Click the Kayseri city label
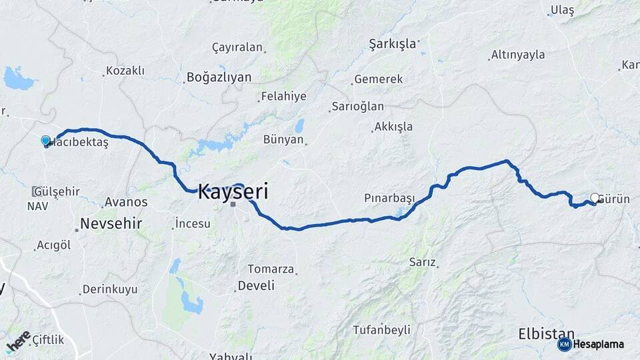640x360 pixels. pos(233,193)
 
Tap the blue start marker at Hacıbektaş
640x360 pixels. pos(45,141)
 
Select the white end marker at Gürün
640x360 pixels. pos(595,198)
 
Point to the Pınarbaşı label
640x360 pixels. pos(389,198)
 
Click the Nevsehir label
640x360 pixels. pos(111,223)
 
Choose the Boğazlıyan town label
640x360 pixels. pos(219,77)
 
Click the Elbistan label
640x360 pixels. pos(547,333)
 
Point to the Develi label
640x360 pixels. pos(257,285)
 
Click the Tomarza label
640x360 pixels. pos(271,269)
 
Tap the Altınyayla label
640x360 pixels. pos(518,55)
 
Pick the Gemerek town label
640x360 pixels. pos(379,79)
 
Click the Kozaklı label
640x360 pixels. pos(125,71)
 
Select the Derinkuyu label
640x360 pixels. pos(109,289)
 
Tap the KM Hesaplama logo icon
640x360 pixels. pos(565,344)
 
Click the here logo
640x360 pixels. pos(18,341)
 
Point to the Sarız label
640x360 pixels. pos(423,263)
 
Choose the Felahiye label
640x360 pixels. pos(284,96)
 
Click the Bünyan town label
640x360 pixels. pos(284,139)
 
